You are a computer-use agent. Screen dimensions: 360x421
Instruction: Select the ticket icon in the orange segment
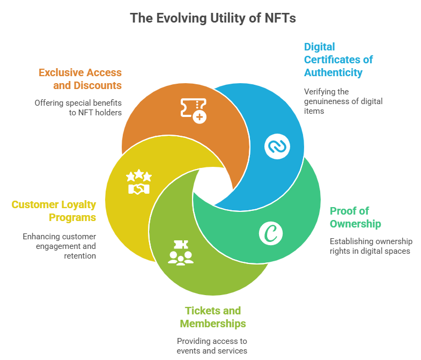tap(193, 109)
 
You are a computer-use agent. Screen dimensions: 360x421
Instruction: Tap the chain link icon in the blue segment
tap(277, 145)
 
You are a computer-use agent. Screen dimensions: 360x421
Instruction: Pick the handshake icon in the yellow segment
tap(138, 188)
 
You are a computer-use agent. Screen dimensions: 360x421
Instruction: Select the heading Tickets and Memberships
tap(213, 317)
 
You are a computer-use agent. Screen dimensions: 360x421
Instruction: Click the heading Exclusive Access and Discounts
tap(80, 79)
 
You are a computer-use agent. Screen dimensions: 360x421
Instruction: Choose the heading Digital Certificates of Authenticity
tap(338, 60)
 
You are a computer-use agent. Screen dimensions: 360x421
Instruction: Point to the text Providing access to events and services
tap(212, 346)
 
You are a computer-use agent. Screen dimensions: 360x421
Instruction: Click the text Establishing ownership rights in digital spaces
tap(370, 246)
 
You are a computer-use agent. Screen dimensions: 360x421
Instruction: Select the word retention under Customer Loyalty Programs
tap(81, 256)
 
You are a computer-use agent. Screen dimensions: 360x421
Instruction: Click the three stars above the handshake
tap(138, 175)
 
